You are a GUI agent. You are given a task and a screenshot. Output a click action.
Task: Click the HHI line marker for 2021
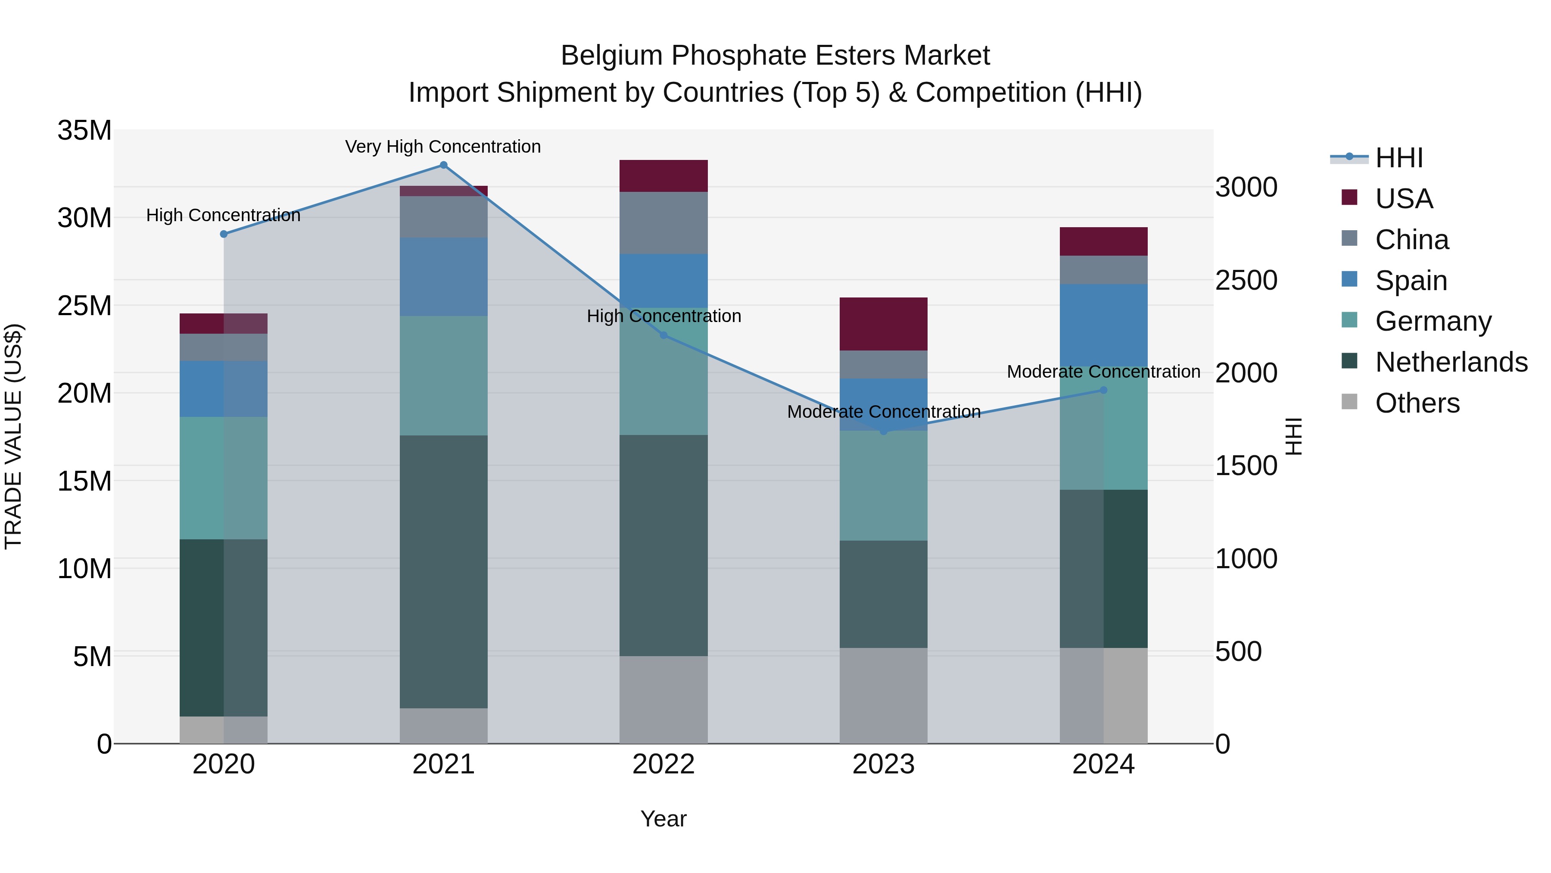point(443,165)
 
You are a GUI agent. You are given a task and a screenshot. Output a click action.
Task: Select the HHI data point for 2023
point(883,432)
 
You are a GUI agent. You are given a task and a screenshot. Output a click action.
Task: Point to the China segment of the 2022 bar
point(663,222)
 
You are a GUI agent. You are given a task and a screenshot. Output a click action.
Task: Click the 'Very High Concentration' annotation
point(443,147)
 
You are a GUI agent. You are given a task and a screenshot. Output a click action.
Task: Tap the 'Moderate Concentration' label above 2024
point(1103,372)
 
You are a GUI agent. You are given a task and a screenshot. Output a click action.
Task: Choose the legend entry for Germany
point(1433,321)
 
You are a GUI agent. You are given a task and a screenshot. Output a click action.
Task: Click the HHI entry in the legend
point(1398,158)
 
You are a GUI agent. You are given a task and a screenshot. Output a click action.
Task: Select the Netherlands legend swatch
point(1349,362)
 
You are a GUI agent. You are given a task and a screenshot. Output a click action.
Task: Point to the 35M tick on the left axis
point(84,130)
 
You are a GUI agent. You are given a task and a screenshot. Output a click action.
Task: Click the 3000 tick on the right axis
point(1246,188)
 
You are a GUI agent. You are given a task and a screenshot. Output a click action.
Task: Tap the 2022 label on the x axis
point(663,764)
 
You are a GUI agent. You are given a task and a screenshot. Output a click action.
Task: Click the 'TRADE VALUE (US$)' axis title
point(13,436)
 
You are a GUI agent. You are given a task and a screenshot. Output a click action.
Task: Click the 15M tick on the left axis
point(84,481)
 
